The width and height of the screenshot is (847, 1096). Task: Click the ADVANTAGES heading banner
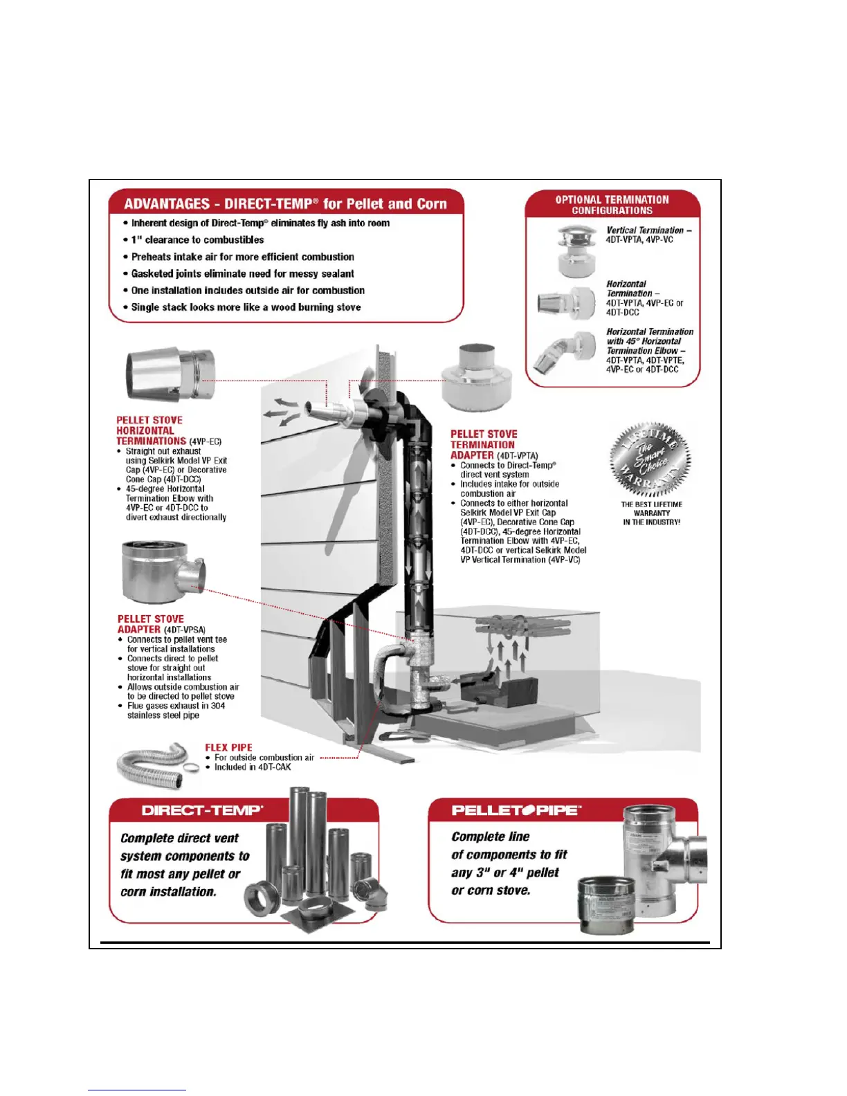click(285, 203)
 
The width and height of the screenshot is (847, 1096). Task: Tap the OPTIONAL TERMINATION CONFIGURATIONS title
click(612, 205)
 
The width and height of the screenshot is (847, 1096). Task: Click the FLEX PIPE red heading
click(228, 747)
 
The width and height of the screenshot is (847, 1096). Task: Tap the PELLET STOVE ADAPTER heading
click(151, 624)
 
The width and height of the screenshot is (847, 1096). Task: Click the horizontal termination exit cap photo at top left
click(171, 376)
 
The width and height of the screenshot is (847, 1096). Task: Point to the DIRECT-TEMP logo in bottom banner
click(202, 810)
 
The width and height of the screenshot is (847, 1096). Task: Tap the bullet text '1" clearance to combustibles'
click(198, 240)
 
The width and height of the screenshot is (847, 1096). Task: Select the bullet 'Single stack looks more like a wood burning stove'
click(246, 307)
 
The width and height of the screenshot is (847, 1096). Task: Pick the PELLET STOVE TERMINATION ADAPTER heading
click(484, 444)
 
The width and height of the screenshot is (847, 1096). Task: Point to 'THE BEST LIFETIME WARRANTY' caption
click(651, 513)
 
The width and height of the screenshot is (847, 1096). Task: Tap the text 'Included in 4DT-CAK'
click(253, 767)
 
